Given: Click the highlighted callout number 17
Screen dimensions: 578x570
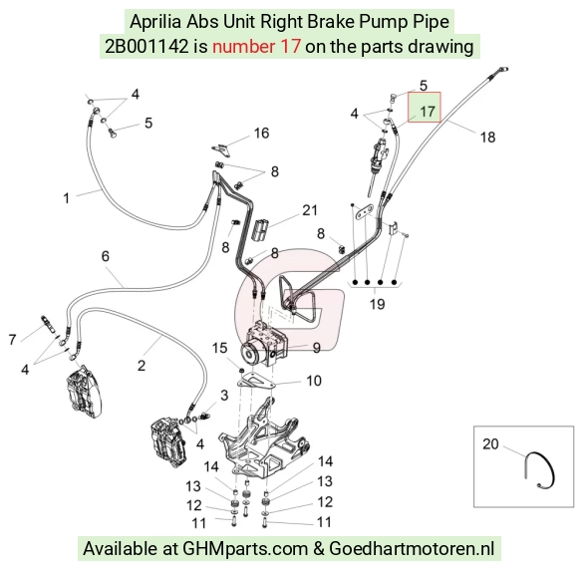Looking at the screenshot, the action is (x=428, y=112).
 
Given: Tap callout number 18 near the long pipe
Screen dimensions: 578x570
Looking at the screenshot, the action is (x=487, y=138).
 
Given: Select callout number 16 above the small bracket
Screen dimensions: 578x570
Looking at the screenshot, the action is (x=261, y=134).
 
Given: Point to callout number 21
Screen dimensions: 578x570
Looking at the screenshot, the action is (x=310, y=210).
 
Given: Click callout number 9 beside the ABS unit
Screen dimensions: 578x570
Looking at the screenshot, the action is (x=316, y=348).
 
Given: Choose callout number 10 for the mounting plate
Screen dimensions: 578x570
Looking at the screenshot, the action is (x=314, y=381).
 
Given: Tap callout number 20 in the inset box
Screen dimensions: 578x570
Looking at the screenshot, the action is (x=490, y=444).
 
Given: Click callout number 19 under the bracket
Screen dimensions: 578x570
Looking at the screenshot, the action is (x=377, y=304).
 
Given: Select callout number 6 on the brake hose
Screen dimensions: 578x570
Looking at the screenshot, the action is (x=106, y=256).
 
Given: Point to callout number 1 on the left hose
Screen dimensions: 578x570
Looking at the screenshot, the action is (x=67, y=198).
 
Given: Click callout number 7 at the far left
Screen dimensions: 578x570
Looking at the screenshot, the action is (x=13, y=340).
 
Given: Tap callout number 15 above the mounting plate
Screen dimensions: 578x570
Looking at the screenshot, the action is (x=219, y=348).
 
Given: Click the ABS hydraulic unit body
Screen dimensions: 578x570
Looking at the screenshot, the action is (x=263, y=344).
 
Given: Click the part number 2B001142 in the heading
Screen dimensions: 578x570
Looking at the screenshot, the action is (x=146, y=47).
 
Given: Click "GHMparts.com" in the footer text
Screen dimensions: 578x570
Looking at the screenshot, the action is (x=245, y=548).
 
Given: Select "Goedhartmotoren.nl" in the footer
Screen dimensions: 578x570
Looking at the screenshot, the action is (x=412, y=548).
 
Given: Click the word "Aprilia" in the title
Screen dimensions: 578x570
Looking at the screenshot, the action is (x=155, y=22).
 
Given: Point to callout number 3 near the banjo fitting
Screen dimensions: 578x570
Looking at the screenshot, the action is (x=224, y=396).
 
